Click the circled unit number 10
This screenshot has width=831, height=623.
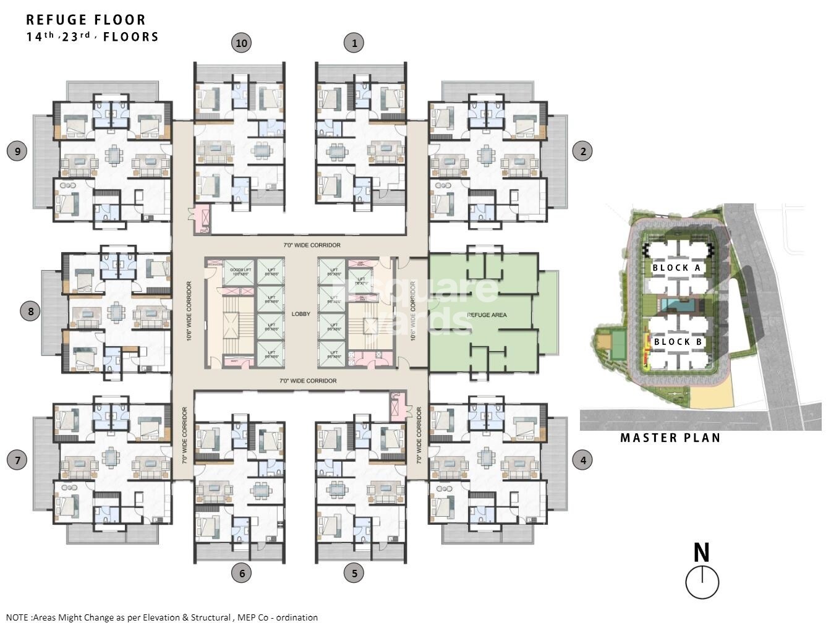pyautogui.click(x=241, y=43)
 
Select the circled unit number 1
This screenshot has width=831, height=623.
pyautogui.click(x=354, y=43)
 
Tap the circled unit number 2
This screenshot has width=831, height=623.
pyautogui.click(x=582, y=150)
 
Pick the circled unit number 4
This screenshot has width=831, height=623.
pyautogui.click(x=582, y=460)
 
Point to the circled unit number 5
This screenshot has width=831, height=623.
pyautogui.click(x=354, y=573)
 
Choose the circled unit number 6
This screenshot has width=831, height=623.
pyautogui.click(x=241, y=573)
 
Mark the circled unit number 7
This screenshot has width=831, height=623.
pyautogui.click(x=17, y=460)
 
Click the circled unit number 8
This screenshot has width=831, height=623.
pyautogui.click(x=31, y=310)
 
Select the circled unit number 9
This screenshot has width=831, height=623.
pyautogui.click(x=17, y=150)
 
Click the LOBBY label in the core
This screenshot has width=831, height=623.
pyautogui.click(x=300, y=314)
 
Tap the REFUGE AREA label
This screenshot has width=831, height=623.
pyautogui.click(x=487, y=315)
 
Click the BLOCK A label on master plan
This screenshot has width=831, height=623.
pyautogui.click(x=676, y=268)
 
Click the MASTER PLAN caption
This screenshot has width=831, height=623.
pyautogui.click(x=670, y=438)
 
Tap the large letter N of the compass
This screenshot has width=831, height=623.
pyautogui.click(x=701, y=553)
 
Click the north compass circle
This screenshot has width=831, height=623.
pyautogui.click(x=702, y=582)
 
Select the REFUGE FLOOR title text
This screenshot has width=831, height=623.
pyautogui.click(x=86, y=20)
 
